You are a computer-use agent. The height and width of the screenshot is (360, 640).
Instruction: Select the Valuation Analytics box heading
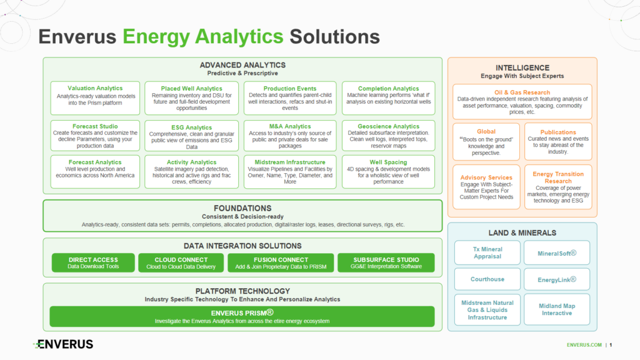(x=95, y=88)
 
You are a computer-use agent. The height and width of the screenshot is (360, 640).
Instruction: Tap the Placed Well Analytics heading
(x=192, y=89)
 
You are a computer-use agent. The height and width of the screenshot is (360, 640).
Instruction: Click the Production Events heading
(x=290, y=89)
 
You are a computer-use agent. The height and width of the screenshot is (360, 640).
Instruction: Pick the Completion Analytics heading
(x=388, y=89)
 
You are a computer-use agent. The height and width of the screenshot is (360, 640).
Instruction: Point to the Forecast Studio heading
(x=95, y=126)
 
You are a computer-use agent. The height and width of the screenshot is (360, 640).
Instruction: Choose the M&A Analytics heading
(x=290, y=127)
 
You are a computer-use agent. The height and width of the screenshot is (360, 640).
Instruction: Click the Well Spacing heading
(x=388, y=162)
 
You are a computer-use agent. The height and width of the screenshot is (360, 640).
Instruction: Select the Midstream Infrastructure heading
(x=290, y=162)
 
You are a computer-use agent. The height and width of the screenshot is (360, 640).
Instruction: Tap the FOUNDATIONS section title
(x=242, y=208)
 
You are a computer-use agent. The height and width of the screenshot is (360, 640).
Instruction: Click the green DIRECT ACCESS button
(x=93, y=263)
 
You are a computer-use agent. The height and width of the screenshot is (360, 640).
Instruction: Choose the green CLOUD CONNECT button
(x=181, y=263)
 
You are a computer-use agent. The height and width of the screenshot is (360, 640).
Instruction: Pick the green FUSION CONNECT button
(x=281, y=263)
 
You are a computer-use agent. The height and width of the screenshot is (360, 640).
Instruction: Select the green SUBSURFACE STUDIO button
(x=386, y=263)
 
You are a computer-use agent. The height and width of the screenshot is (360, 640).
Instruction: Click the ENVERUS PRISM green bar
(x=242, y=316)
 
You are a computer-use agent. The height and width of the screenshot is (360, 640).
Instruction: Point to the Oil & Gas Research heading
(x=522, y=92)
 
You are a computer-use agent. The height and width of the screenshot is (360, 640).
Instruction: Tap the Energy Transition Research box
(x=558, y=186)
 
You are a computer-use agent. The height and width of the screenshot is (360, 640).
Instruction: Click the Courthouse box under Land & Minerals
(x=487, y=279)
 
